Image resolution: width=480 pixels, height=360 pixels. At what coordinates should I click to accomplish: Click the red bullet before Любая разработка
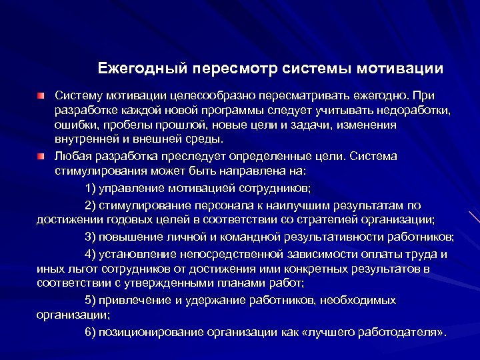click(42, 157)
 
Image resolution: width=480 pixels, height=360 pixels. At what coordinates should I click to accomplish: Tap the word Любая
click(71, 157)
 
